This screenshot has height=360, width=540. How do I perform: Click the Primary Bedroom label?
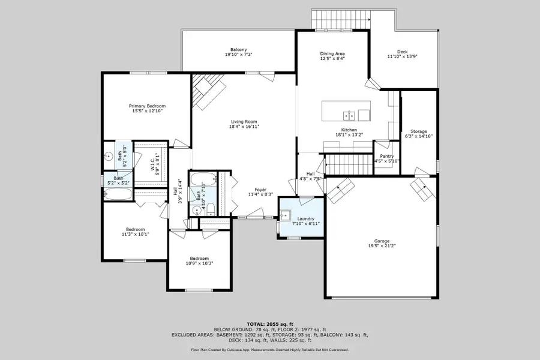(147, 106)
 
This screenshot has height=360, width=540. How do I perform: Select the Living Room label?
(244, 122)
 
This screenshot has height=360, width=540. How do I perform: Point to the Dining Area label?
(332, 54)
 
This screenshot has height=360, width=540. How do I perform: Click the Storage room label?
(418, 131)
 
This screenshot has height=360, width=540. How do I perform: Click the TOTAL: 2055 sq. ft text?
(270, 324)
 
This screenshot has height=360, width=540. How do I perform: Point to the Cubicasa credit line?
(269, 349)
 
